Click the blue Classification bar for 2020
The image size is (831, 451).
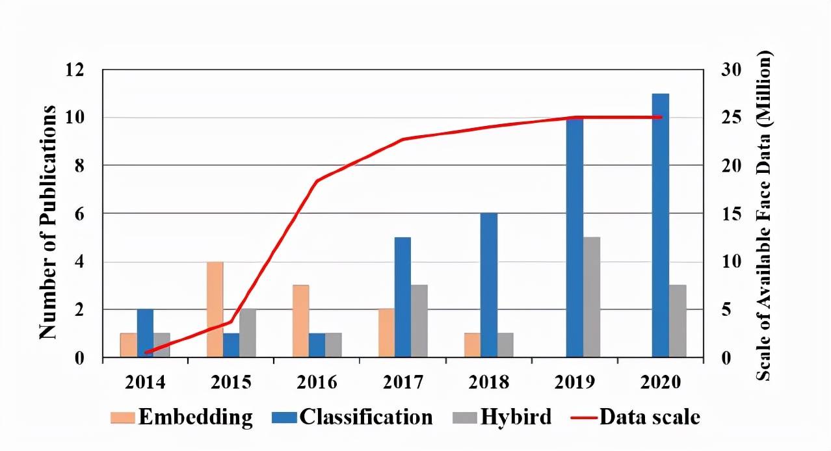[x=661, y=225]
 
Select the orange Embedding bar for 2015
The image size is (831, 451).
[x=215, y=309]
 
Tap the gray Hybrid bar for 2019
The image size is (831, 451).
[x=592, y=297]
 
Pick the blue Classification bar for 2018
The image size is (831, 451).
[x=489, y=285]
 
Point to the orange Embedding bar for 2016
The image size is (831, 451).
[x=300, y=321]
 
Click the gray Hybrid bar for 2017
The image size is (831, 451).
[x=419, y=321]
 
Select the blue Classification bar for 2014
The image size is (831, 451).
[x=145, y=333]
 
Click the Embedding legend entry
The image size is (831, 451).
[x=195, y=417]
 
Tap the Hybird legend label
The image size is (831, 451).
[x=516, y=417]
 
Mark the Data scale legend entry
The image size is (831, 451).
[x=650, y=417]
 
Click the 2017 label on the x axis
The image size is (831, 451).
[x=403, y=381]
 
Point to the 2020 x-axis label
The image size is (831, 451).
[x=660, y=381]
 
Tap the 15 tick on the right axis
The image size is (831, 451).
[x=732, y=214]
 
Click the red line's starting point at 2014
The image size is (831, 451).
[x=146, y=352]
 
